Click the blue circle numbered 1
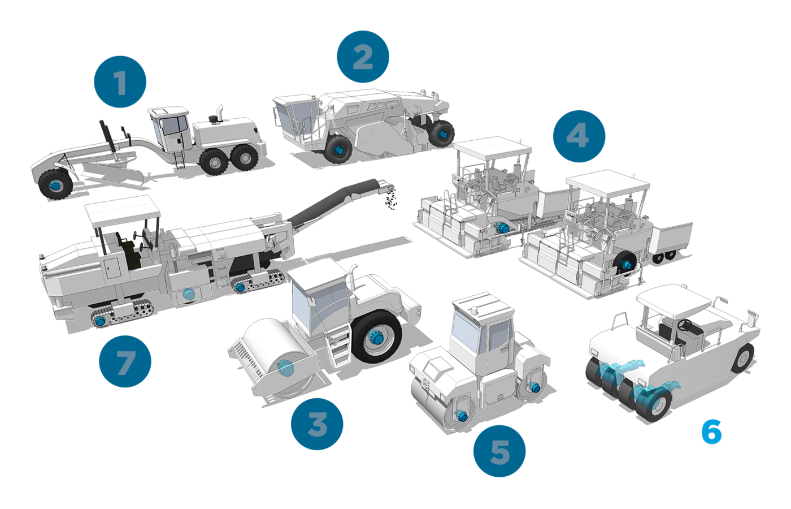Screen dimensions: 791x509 pyautogui.click(x=120, y=81)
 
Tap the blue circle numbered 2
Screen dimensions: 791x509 pyautogui.click(x=363, y=57)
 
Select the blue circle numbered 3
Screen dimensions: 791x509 pyautogui.click(x=317, y=424)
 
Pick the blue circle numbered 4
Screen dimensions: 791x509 pyautogui.click(x=579, y=136)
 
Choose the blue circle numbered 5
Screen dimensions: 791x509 pyautogui.click(x=499, y=451)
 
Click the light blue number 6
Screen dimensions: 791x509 pyautogui.click(x=711, y=432)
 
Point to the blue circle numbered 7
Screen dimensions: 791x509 pyautogui.click(x=125, y=361)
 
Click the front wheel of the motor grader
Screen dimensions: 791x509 pyautogui.click(x=55, y=184)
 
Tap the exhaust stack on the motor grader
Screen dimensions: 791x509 pyautogui.click(x=220, y=113)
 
